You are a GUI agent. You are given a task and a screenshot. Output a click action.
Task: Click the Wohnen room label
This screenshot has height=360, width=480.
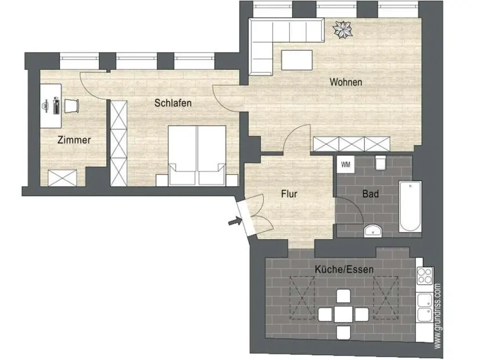(346, 82)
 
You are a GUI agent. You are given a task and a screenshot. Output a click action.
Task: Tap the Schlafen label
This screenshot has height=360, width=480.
(173, 103)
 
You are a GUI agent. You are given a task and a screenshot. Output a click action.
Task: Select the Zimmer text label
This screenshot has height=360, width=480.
(74, 140)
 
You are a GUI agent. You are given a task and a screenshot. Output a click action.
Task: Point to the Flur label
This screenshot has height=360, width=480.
(289, 194)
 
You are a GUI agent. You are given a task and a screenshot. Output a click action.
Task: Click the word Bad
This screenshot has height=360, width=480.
(371, 194)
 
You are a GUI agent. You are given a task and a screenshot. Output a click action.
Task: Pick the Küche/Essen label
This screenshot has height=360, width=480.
(344, 269)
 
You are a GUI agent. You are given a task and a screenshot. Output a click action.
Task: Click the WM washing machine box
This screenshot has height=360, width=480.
(346, 165)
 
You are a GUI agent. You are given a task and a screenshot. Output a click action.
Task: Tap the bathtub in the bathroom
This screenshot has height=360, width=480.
(410, 206)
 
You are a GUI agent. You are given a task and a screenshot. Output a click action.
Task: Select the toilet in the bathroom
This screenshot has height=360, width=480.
(380, 163)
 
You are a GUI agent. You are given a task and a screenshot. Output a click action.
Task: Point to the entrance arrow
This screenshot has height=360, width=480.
(235, 221)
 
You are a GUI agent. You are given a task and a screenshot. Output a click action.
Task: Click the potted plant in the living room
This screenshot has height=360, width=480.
(343, 30)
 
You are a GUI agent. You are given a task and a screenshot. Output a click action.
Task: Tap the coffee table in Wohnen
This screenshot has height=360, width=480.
(297, 60)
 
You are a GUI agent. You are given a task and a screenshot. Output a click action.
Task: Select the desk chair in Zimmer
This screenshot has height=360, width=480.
(72, 106)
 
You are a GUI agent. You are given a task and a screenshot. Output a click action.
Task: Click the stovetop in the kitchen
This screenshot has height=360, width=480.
(425, 276)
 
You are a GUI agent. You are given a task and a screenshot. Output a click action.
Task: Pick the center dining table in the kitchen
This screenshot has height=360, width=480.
(343, 314)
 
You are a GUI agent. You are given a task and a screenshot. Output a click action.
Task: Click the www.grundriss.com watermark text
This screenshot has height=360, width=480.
(437, 316)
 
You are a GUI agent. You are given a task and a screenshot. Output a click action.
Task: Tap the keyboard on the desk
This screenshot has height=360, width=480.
(56, 106)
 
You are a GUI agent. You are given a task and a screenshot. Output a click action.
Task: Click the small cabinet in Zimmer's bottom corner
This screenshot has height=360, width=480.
(62, 178)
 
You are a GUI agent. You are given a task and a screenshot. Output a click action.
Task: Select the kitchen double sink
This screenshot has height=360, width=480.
(425, 308)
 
